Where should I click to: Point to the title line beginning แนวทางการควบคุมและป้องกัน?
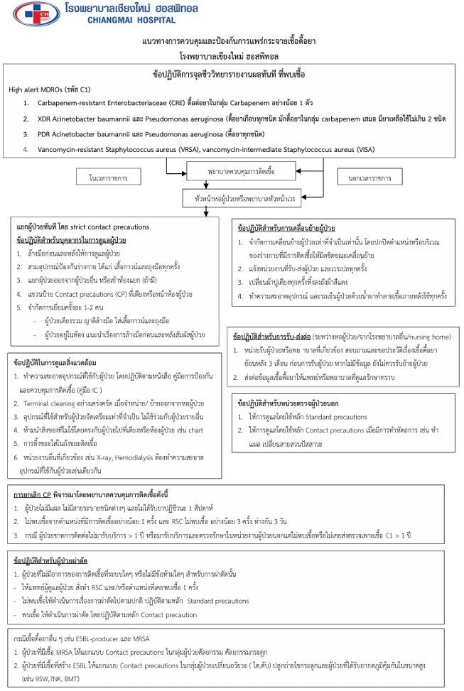[x=232, y=42]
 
